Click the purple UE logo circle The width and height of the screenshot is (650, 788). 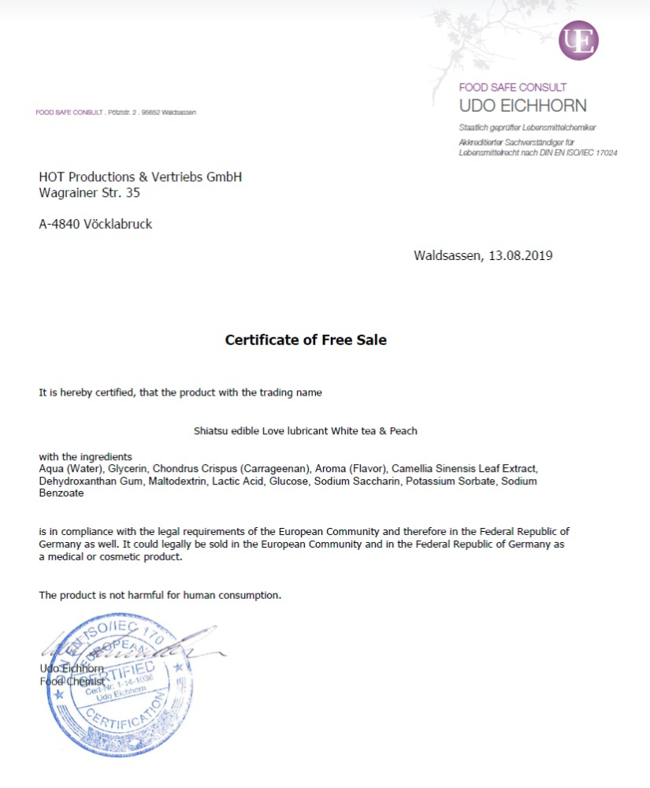579,40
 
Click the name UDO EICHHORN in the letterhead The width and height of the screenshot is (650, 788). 522,106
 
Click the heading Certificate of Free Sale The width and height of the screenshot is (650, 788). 306,340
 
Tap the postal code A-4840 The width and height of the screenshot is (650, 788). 59,224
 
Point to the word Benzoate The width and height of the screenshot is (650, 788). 61,493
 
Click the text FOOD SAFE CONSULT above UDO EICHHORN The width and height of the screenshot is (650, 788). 513,87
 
